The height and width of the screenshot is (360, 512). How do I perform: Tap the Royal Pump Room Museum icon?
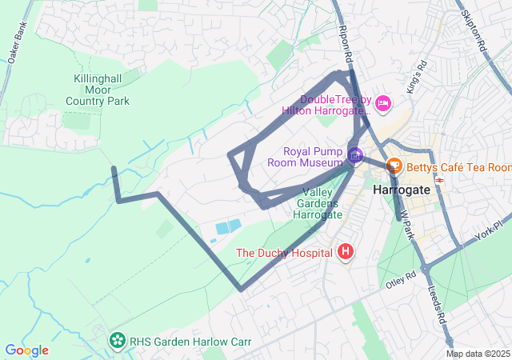(355, 155)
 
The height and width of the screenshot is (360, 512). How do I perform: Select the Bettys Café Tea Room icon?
(393, 166)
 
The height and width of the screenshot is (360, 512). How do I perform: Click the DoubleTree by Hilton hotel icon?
(383, 102)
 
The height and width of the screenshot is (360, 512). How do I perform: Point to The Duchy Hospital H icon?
(346, 253)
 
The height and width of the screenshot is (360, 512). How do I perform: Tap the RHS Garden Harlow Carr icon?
(118, 342)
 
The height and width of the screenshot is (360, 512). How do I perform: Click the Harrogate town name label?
(401, 190)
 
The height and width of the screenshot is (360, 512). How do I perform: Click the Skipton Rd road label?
(474, 32)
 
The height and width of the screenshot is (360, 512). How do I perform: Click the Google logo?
(26, 350)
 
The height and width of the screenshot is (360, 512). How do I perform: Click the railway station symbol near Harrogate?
(439, 181)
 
